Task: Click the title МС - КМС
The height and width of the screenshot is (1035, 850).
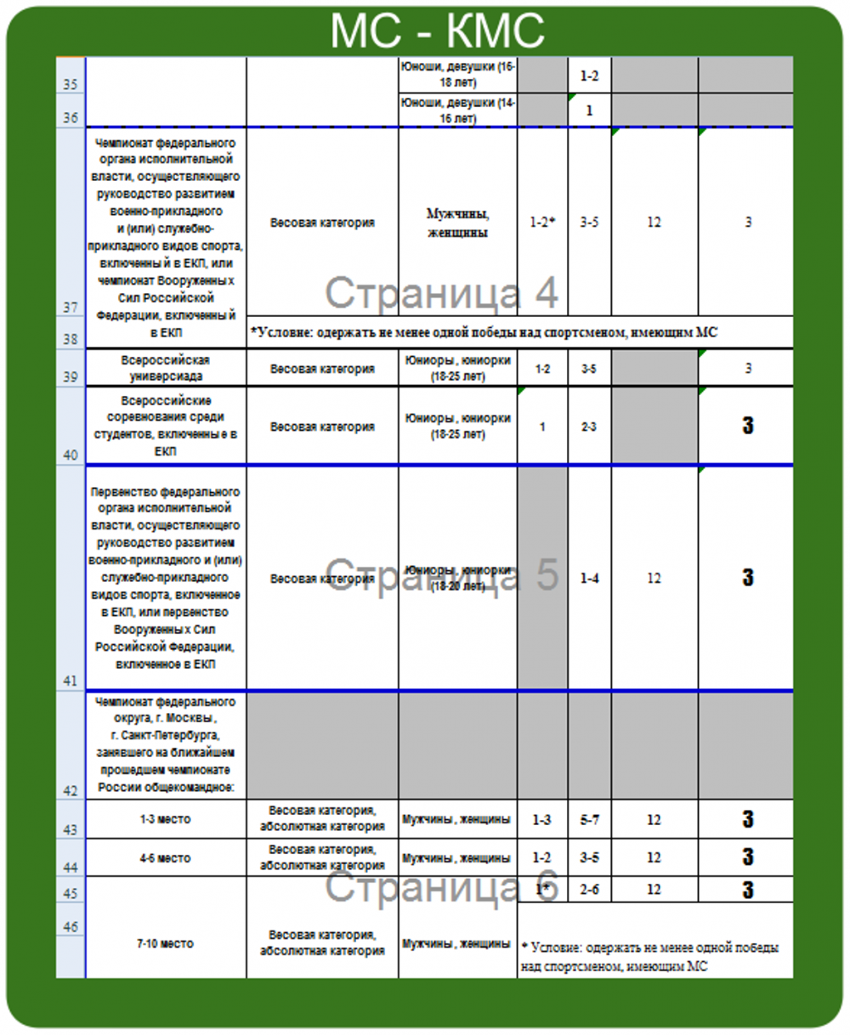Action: point(437,31)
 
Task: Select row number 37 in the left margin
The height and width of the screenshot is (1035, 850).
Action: point(71,308)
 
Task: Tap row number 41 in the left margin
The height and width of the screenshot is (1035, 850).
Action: point(71,680)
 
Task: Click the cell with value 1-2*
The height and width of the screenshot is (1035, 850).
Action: point(542,223)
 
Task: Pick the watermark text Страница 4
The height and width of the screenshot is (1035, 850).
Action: point(442,293)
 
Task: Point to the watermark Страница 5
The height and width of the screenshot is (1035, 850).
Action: point(442,575)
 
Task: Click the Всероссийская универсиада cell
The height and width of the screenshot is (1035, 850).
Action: point(166,368)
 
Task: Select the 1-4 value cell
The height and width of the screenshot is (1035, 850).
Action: point(589,579)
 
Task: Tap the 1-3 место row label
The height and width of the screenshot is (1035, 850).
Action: point(166,820)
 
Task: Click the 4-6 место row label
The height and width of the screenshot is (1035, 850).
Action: point(166,858)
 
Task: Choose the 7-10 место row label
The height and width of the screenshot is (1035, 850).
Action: point(166,943)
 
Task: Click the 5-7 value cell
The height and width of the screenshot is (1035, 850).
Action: point(589,820)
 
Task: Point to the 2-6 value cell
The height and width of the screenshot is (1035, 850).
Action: point(589,890)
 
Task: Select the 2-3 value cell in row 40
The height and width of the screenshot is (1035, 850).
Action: point(589,427)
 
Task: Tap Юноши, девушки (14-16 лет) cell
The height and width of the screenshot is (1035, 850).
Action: point(458,110)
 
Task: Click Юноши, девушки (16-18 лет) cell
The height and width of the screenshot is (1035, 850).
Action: point(458,75)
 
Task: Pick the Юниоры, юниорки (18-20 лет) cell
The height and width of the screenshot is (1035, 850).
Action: point(458,579)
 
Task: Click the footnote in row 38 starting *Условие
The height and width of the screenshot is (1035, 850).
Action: point(484,332)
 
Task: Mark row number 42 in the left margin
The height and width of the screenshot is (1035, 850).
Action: point(71,790)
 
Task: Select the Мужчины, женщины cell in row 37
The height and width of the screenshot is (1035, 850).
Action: point(458,223)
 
